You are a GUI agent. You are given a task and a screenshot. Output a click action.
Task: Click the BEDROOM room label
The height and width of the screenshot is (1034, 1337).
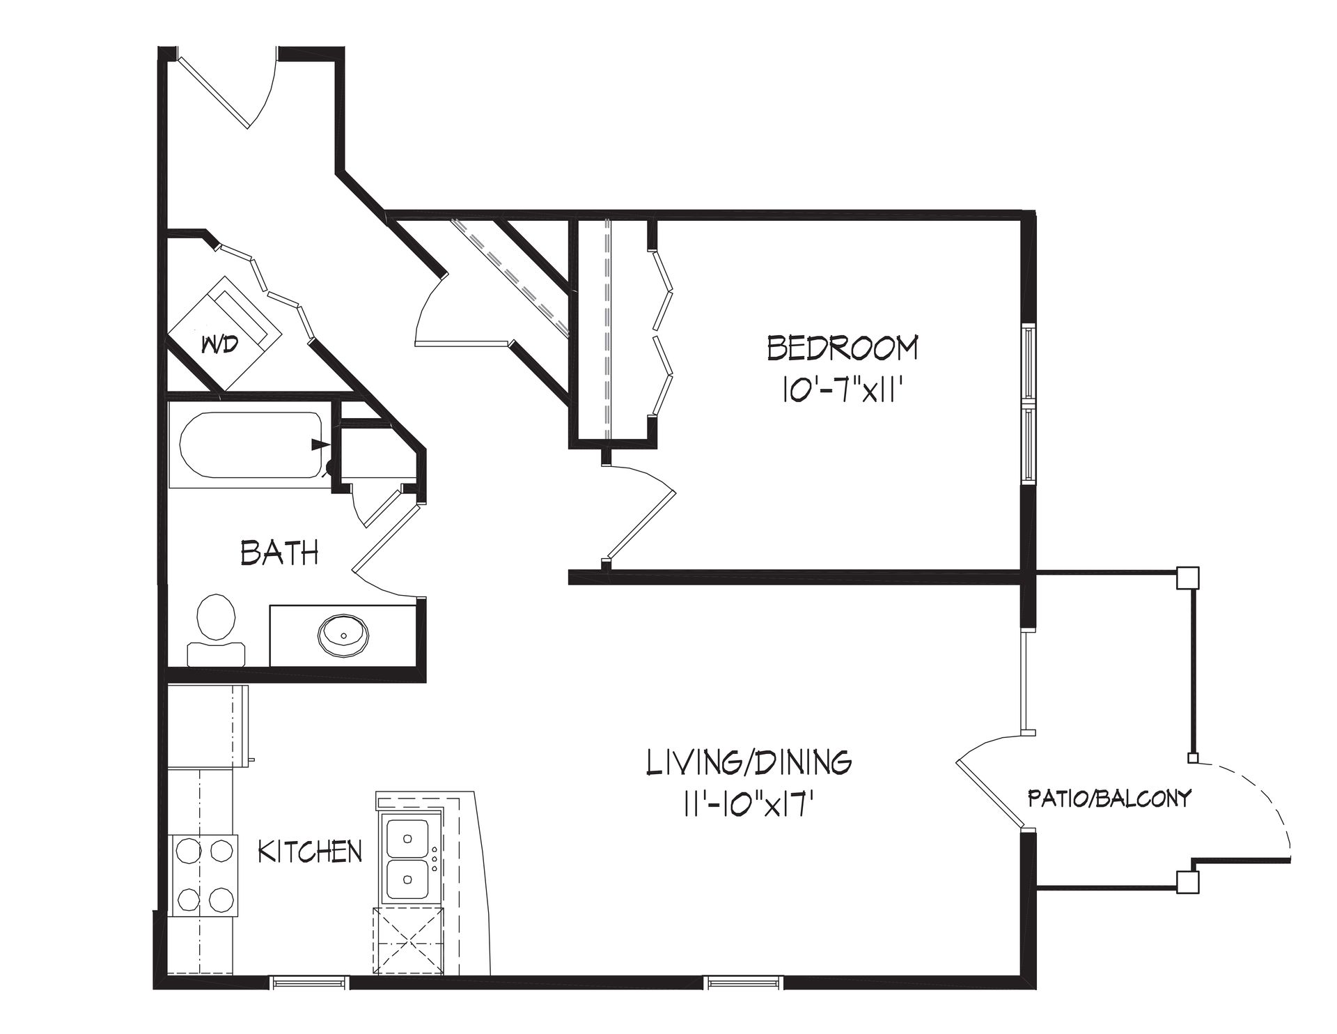pyautogui.click(x=842, y=348)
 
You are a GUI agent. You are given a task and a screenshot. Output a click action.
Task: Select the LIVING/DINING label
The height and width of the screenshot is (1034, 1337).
pyautogui.click(x=749, y=763)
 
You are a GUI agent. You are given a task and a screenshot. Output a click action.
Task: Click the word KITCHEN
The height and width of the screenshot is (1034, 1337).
pyautogui.click(x=310, y=851)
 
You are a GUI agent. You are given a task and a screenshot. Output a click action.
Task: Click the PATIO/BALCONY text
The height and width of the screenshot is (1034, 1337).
pyautogui.click(x=1109, y=798)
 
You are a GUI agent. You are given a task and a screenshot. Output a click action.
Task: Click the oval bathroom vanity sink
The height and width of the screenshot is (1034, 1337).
pyautogui.click(x=344, y=635)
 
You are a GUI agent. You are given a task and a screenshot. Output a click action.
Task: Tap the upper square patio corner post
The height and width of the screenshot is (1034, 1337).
pyautogui.click(x=1187, y=578)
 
